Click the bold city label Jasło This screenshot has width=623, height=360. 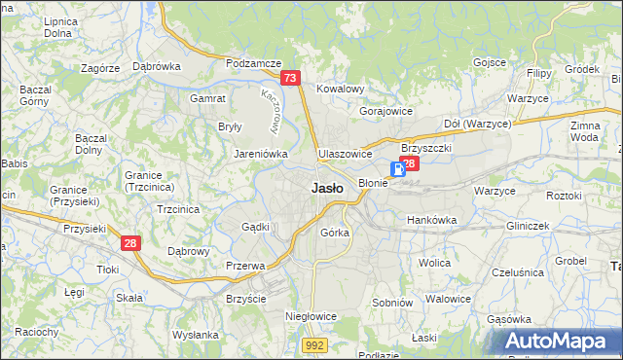(x=326, y=189)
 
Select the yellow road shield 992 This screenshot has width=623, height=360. (x=313, y=344)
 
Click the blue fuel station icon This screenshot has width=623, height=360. (x=398, y=167)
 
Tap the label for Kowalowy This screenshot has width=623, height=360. (x=340, y=89)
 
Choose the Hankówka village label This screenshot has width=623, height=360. (x=431, y=220)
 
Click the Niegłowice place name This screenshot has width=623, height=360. (x=311, y=316)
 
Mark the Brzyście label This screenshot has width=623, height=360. (x=245, y=299)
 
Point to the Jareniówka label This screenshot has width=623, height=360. (x=258, y=154)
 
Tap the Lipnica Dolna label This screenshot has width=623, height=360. (x=60, y=26)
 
